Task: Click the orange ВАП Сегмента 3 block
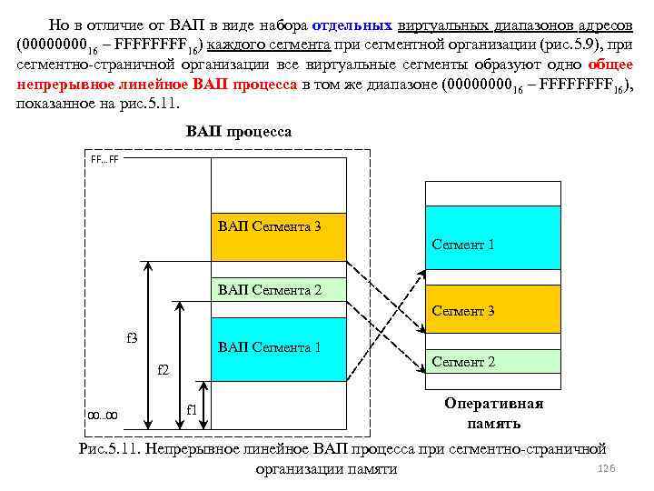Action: pyautogui.click(x=278, y=237)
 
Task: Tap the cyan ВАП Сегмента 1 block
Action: pyautogui.click(x=278, y=348)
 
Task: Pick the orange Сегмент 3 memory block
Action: pyautogui.click(x=494, y=309)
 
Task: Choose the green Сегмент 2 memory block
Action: pyautogui.click(x=494, y=361)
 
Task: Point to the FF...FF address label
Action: pyautogui.click(x=104, y=159)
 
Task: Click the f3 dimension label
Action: pyautogui.click(x=131, y=338)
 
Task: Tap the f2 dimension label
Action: pyautogui.click(x=163, y=370)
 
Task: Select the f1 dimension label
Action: pyautogui.click(x=192, y=409)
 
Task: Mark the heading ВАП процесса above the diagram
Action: pyautogui.click(x=239, y=133)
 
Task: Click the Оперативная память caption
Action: pyautogui.click(x=494, y=413)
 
